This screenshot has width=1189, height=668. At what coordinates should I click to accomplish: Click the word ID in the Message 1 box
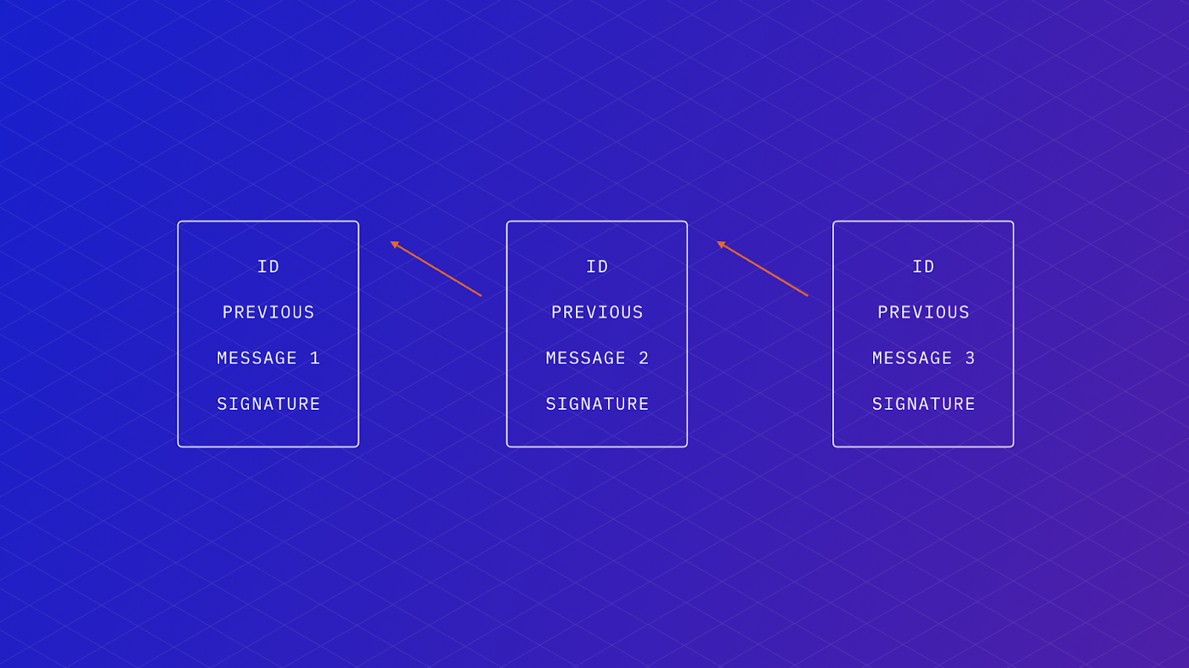pyautogui.click(x=268, y=267)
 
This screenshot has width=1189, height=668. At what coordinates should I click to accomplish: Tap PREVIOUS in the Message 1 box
pyautogui.click(x=268, y=312)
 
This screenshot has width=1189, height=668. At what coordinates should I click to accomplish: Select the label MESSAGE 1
pyautogui.click(x=268, y=358)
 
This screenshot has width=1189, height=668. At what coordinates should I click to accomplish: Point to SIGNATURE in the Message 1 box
pyautogui.click(x=268, y=404)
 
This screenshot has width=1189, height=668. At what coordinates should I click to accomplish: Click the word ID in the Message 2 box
pyautogui.click(x=597, y=267)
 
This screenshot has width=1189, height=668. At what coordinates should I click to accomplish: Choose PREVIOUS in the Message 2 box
pyautogui.click(x=597, y=312)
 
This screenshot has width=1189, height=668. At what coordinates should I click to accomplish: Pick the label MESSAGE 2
pyautogui.click(x=597, y=358)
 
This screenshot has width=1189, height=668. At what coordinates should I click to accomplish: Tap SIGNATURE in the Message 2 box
pyautogui.click(x=597, y=404)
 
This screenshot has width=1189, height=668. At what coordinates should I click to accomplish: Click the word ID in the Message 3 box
pyautogui.click(x=923, y=267)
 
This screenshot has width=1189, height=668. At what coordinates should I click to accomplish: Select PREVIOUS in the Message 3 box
pyautogui.click(x=923, y=312)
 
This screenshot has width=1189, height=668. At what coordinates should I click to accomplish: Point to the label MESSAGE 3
pyautogui.click(x=923, y=358)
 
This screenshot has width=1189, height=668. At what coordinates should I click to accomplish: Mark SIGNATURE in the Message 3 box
pyautogui.click(x=923, y=404)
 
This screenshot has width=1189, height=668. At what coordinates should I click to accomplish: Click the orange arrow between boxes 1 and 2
pyautogui.click(x=436, y=268)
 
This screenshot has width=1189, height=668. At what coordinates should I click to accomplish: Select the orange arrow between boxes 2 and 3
pyautogui.click(x=763, y=268)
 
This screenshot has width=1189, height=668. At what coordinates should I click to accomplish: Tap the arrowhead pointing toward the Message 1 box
pyautogui.click(x=394, y=244)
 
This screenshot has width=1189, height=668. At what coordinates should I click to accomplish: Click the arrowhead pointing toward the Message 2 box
pyautogui.click(x=721, y=244)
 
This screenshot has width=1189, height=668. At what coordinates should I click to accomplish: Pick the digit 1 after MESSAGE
pyautogui.click(x=315, y=358)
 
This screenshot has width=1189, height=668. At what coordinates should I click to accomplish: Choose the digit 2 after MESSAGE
pyautogui.click(x=644, y=358)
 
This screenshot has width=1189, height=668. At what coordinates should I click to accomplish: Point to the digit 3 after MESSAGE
pyautogui.click(x=970, y=358)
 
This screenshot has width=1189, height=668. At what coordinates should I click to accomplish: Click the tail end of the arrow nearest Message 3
pyautogui.click(x=808, y=295)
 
